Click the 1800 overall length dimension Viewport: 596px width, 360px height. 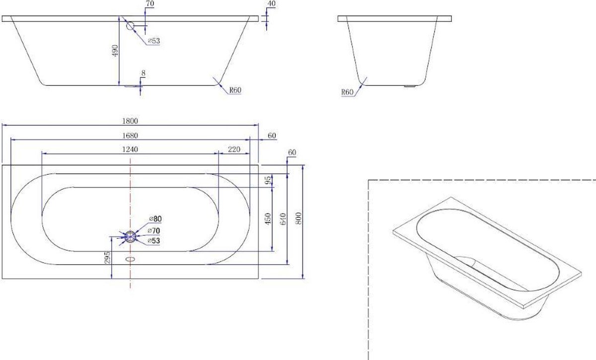point(130,121)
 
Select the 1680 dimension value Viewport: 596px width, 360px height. point(130,136)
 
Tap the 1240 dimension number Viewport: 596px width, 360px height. point(130,149)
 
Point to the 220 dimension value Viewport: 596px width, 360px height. point(234,149)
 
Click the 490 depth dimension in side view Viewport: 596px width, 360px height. point(115,51)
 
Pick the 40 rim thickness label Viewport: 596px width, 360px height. point(271,4)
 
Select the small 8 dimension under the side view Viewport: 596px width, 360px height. point(144,73)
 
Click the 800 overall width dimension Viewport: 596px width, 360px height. point(299,218)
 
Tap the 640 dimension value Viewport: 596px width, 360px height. point(284,218)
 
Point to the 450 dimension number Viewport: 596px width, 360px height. point(268,218)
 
